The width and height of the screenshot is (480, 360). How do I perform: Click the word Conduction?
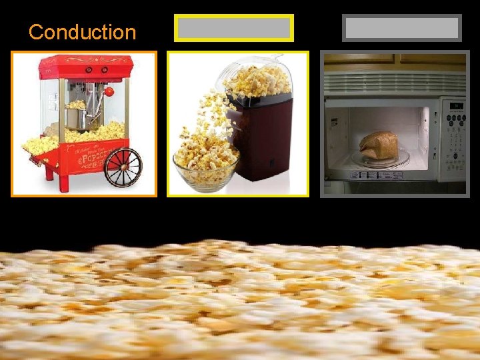tap(82, 31)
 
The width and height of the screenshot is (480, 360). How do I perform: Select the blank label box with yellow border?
tap(233, 28)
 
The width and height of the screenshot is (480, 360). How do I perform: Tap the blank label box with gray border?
tap(402, 28)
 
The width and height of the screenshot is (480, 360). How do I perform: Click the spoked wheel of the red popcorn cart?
tap(123, 167)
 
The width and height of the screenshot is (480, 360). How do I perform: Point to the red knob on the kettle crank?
tap(109, 91)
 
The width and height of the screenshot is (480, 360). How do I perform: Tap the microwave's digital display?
tap(456, 105)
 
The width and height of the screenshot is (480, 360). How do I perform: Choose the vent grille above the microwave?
tap(393, 83)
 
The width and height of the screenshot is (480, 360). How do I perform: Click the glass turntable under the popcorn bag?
tap(383, 159)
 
